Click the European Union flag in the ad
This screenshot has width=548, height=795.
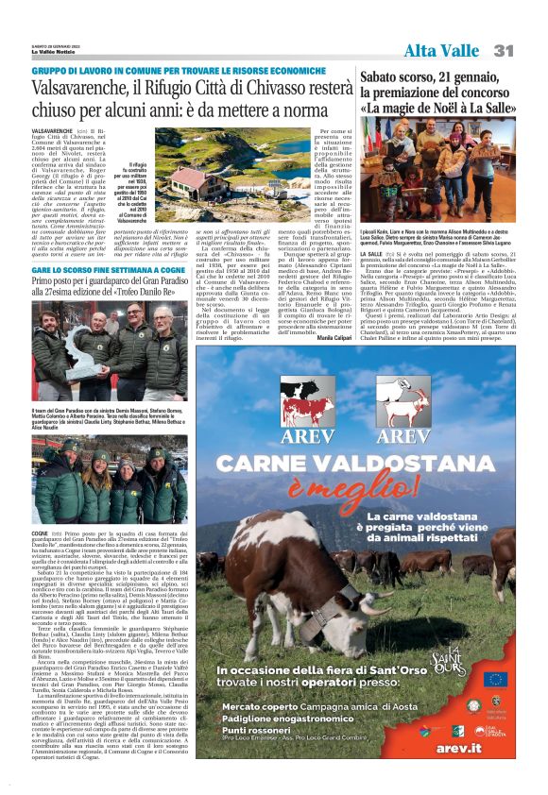(x=495, y=679)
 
